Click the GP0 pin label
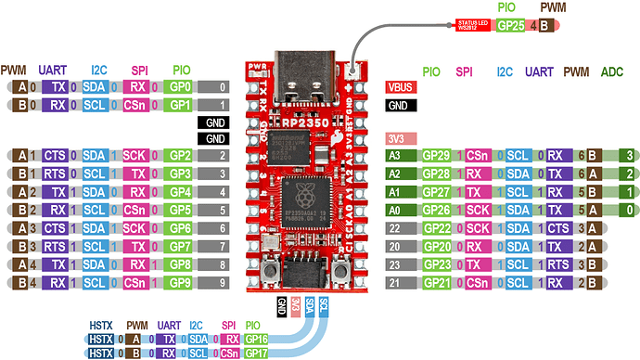[x=181, y=86]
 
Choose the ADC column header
[x=613, y=70]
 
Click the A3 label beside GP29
[x=395, y=154]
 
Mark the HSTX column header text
[x=101, y=325]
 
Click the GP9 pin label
[x=181, y=282]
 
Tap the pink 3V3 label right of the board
[x=396, y=138]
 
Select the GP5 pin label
[x=181, y=210]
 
